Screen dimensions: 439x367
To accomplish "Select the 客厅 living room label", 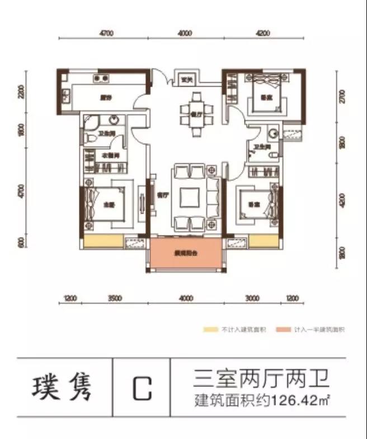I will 162,196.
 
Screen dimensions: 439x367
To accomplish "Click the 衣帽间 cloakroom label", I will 108,155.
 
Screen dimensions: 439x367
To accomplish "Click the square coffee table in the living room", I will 190,197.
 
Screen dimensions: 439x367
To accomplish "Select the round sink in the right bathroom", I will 273,134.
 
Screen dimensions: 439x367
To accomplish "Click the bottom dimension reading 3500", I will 114,299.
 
